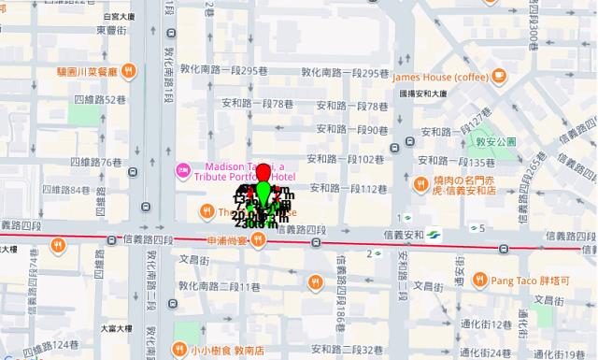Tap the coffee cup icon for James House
(499, 74)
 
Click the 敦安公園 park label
(495, 140)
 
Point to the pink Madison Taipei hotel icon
(183, 169)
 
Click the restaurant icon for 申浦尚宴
(255, 240)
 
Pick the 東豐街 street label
(112, 29)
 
